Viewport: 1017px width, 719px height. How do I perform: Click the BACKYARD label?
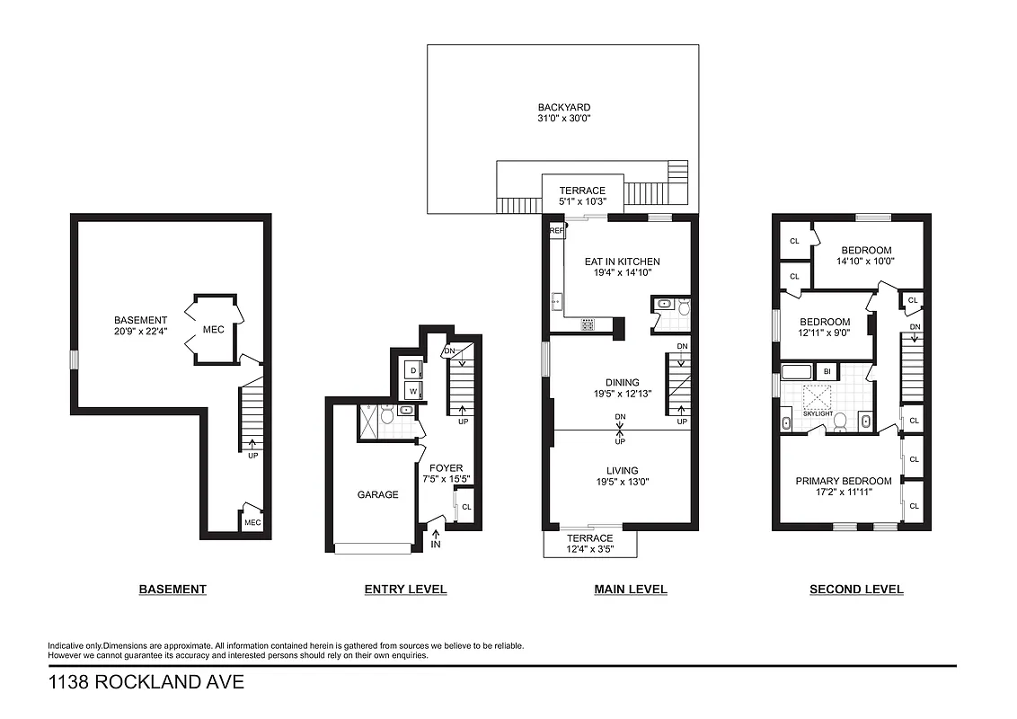coord(562,107)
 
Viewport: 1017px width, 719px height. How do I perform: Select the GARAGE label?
coord(377,494)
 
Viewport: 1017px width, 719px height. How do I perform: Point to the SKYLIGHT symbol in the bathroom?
coord(818,398)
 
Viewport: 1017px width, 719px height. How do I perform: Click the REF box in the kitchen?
coord(556,231)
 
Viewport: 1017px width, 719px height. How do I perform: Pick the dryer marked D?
coord(413,370)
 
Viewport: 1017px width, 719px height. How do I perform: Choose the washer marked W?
coord(413,391)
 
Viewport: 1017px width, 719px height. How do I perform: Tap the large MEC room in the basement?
coord(213,330)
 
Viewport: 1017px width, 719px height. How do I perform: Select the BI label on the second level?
coord(827,370)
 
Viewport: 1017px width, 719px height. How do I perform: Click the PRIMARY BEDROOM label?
coord(843,481)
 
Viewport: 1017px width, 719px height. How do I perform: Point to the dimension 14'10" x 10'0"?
coord(866,262)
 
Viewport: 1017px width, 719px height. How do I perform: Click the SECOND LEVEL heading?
coord(856,590)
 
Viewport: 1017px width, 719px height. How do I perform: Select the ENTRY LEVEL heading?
coord(405,590)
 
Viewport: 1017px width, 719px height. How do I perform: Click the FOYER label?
coord(446,468)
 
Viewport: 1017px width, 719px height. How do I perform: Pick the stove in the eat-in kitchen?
coord(588,325)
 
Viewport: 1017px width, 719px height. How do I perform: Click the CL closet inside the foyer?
coord(465,507)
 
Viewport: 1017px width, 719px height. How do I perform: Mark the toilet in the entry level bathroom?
coord(387,415)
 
